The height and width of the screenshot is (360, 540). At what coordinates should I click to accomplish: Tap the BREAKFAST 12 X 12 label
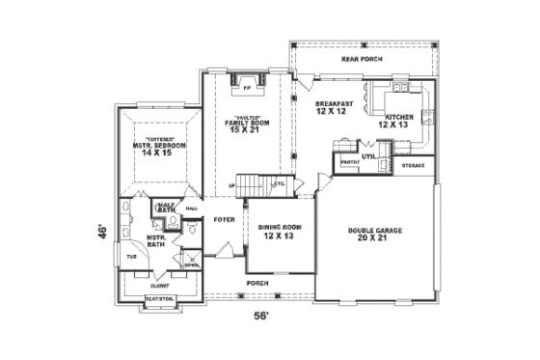[334, 106]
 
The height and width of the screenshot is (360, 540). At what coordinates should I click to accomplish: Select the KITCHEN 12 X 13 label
[398, 121]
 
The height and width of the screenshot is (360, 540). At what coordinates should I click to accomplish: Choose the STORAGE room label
[413, 166]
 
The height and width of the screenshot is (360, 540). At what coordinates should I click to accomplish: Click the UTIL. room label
[368, 154]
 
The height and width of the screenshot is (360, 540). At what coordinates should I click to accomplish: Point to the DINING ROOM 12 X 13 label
[280, 232]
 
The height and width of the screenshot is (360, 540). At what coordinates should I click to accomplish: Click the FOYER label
[225, 219]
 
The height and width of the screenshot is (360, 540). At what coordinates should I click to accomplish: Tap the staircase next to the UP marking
[253, 183]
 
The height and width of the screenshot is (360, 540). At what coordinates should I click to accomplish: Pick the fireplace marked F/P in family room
[247, 90]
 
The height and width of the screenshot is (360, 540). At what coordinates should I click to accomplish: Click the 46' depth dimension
[99, 232]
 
